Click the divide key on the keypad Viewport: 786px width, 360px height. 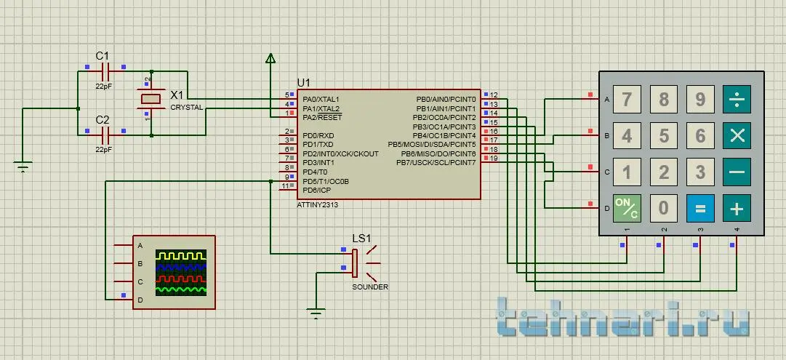pyautogui.click(x=737, y=99)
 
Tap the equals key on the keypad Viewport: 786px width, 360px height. pyautogui.click(x=700, y=209)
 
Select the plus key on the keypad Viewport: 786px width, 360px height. pyautogui.click(x=737, y=209)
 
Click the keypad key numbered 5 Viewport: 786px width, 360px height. pyautogui.click(x=664, y=135)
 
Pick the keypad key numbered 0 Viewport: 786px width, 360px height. pyautogui.click(x=664, y=209)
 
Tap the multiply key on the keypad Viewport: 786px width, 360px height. pyautogui.click(x=737, y=135)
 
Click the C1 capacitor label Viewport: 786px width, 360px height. pyautogui.click(x=103, y=56)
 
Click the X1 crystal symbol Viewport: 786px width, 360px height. pyautogui.click(x=151, y=99)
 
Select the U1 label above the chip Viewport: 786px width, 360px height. pyautogui.click(x=304, y=82)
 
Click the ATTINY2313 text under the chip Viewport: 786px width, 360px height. pyautogui.click(x=318, y=205)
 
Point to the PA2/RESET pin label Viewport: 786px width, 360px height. pyautogui.click(x=322, y=117)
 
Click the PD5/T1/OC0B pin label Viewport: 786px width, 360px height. pyautogui.click(x=326, y=181)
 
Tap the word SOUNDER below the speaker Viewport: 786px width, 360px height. pyautogui.click(x=370, y=287)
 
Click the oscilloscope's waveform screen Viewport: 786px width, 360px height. pyautogui.click(x=181, y=273)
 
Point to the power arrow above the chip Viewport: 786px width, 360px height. pyautogui.click(x=270, y=58)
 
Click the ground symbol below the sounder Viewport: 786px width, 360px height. pyautogui.click(x=316, y=314)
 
